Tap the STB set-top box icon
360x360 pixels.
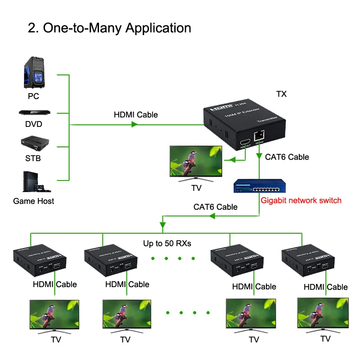pyautogui.click(x=33, y=144)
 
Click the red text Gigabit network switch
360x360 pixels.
pyautogui.click(x=301, y=200)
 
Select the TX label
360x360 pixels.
pyautogui.click(x=281, y=94)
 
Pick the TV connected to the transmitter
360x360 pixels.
pyautogui.click(x=196, y=161)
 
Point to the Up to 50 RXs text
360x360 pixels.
pyautogui.click(x=167, y=244)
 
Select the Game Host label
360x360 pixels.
pyautogui.click(x=33, y=201)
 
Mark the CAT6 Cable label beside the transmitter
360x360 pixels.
pyautogui.click(x=287, y=157)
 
